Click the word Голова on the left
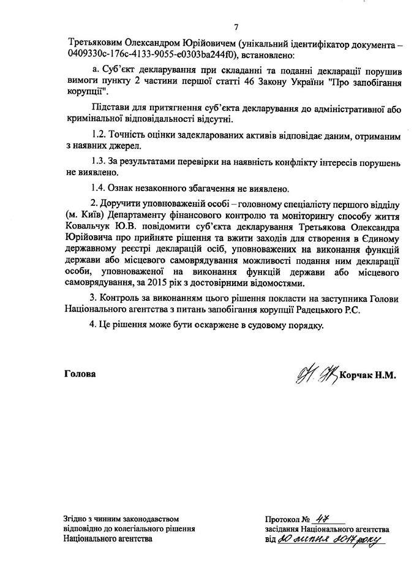[80, 373]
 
